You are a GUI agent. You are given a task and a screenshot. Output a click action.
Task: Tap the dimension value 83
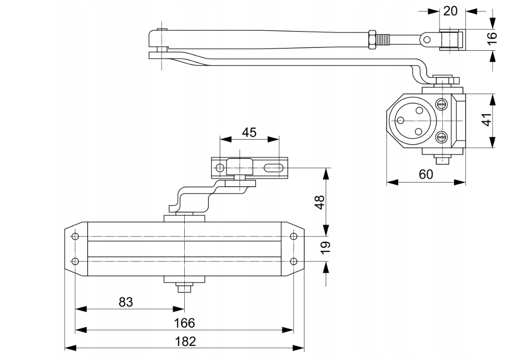(x=126, y=302)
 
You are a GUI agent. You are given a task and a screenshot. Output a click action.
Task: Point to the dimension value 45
(x=249, y=132)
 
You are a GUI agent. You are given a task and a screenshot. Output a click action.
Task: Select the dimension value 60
(x=426, y=174)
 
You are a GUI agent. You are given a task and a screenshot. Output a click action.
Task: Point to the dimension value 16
(x=491, y=39)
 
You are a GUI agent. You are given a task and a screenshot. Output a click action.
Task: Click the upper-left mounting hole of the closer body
(x=76, y=236)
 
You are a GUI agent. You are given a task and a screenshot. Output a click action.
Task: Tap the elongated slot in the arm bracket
(x=272, y=168)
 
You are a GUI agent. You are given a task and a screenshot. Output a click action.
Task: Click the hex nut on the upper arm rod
(x=372, y=39)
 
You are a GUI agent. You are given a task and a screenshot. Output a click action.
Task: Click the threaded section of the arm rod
(x=384, y=39)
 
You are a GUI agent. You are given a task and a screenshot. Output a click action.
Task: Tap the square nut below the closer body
(x=185, y=288)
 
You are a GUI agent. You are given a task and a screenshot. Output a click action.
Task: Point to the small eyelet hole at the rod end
(x=427, y=40)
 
